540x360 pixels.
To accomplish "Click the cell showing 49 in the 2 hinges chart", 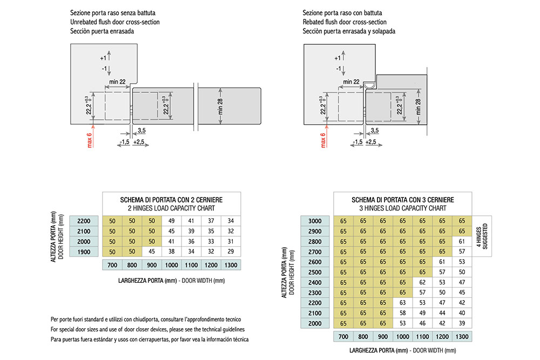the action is pos(172,221).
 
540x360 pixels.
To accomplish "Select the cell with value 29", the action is pos(231,252).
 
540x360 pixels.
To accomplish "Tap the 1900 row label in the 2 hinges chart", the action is pos(84,252).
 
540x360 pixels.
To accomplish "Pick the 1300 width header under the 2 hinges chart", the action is pos(231,265).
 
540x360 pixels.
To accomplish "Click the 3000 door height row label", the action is pos(315,221).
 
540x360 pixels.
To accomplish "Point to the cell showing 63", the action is pos(403,303).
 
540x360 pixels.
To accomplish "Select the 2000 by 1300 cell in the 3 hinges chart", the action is pos(462,323).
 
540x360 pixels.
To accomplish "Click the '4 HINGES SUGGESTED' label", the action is pos(482,236).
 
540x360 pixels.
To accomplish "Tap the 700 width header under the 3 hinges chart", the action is pos(343,337).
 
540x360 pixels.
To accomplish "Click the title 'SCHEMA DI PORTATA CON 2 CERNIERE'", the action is pos(171,200).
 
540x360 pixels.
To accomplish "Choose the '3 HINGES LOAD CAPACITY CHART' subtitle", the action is pos(403,208).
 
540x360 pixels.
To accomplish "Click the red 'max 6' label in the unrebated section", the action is pos(90,140).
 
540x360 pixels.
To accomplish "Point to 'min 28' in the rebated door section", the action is pos(418,107).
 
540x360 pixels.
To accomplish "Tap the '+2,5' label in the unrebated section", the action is pos(138,142).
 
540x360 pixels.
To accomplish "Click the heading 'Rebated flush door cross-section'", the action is pos(345,22).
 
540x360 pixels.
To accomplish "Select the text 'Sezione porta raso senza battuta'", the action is pos(113,13).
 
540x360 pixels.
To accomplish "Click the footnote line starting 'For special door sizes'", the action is pos(148,329).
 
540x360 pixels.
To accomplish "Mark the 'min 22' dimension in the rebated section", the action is pos(351,82).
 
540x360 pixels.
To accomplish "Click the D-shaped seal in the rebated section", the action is pos(370,85).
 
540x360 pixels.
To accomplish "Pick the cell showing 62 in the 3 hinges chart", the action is pos(422,283).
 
